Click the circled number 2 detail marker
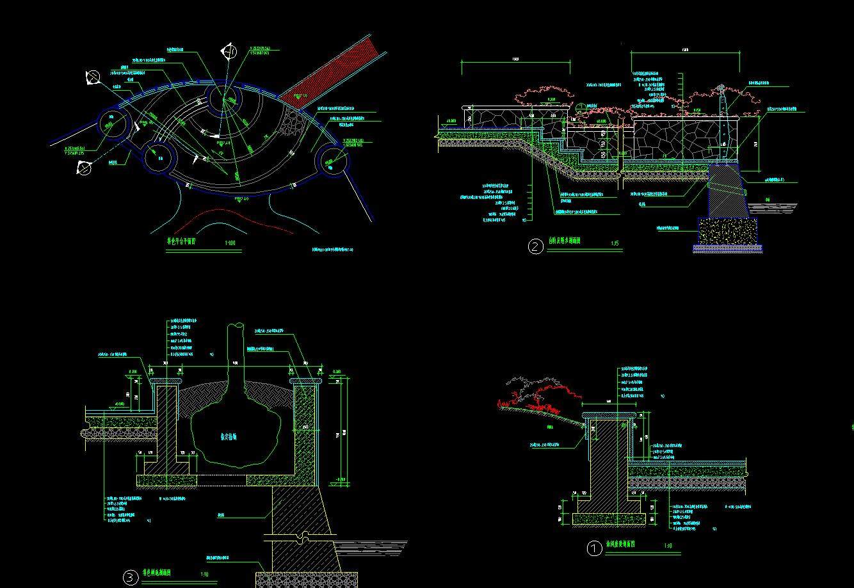pyautogui.click(x=535, y=246)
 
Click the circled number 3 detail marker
pyautogui.click(x=131, y=578)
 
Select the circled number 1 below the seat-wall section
pyautogui.click(x=594, y=548)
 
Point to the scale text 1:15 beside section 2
pyautogui.click(x=615, y=243)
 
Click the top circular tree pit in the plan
pyautogui.click(x=225, y=100)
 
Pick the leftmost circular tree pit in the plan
pyautogui.click(x=114, y=122)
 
